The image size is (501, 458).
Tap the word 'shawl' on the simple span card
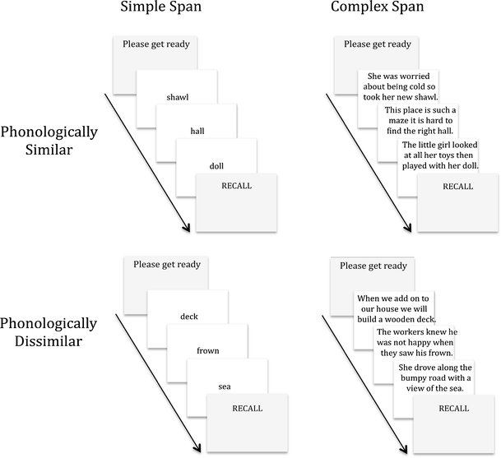[x=177, y=97]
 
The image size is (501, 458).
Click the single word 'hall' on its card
[x=197, y=131]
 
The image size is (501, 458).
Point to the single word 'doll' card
[x=216, y=165]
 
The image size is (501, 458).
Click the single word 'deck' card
[x=188, y=316]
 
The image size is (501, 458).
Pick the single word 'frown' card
[x=207, y=350]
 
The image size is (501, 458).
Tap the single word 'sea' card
[x=224, y=386]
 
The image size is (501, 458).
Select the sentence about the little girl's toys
[x=439, y=155]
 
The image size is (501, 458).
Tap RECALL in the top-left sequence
[x=236, y=186]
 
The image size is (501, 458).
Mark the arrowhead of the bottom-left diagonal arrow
[x=198, y=448]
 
